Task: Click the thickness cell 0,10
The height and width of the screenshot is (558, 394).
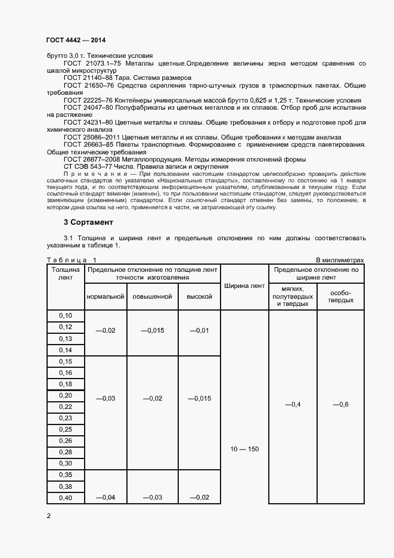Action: coord(66,315)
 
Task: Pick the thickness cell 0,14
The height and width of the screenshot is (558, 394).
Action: coord(66,350)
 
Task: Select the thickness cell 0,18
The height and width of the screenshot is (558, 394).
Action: coord(66,385)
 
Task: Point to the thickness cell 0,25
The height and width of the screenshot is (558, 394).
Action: coord(66,430)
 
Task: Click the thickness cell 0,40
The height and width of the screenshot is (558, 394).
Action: coord(66,498)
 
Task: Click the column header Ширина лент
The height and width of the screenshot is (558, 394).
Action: coord(244,286)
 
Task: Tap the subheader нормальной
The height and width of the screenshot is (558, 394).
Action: coord(106,296)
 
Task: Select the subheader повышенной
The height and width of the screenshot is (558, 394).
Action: coord(152,296)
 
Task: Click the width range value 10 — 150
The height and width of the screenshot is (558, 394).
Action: coord(244,449)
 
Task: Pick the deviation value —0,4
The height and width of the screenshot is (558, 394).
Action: coord(293,405)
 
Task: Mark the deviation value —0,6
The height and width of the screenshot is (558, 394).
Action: coord(340,405)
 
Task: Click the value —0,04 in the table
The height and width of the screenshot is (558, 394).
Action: coord(106,498)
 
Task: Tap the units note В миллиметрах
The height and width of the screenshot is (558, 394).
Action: coord(340,260)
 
